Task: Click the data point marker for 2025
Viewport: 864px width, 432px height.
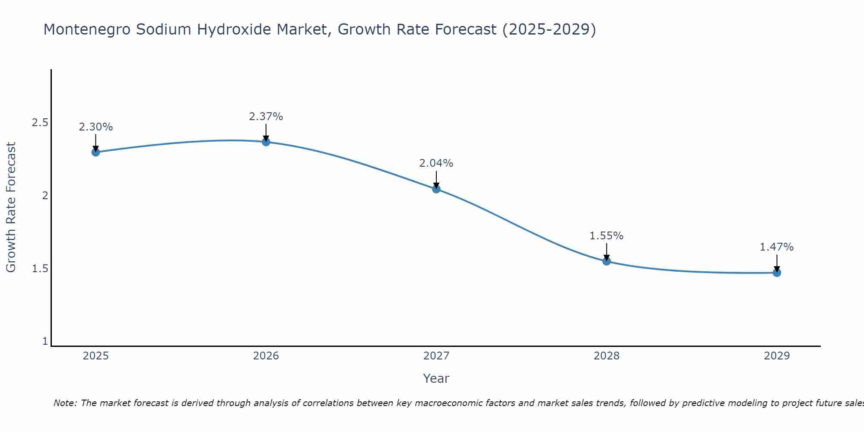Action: coord(96,152)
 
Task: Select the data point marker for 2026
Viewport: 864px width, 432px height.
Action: coord(266,142)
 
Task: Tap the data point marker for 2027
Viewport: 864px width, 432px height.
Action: coord(436,189)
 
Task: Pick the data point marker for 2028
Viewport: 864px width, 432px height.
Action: coord(607,261)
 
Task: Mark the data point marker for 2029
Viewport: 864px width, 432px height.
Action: coord(777,273)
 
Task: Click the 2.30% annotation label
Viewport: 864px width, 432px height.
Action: coord(96,127)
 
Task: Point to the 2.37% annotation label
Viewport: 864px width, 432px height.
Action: coord(266,117)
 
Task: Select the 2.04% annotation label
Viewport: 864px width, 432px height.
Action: coord(436,163)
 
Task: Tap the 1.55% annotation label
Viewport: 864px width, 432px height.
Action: coord(607,236)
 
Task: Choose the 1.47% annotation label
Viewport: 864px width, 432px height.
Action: coord(777,247)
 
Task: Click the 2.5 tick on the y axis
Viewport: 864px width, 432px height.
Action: coord(40,123)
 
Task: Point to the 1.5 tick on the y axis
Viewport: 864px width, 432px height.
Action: coord(40,269)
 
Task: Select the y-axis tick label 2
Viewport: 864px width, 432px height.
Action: coord(44,196)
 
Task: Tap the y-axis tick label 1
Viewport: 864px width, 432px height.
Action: coord(45,341)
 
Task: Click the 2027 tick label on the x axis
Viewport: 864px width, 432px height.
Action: coord(436,356)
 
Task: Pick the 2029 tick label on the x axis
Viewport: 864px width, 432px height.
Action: coord(777,356)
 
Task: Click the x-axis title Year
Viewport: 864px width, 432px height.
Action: coord(436,378)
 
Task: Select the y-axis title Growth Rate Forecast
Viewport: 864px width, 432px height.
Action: coord(11,207)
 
